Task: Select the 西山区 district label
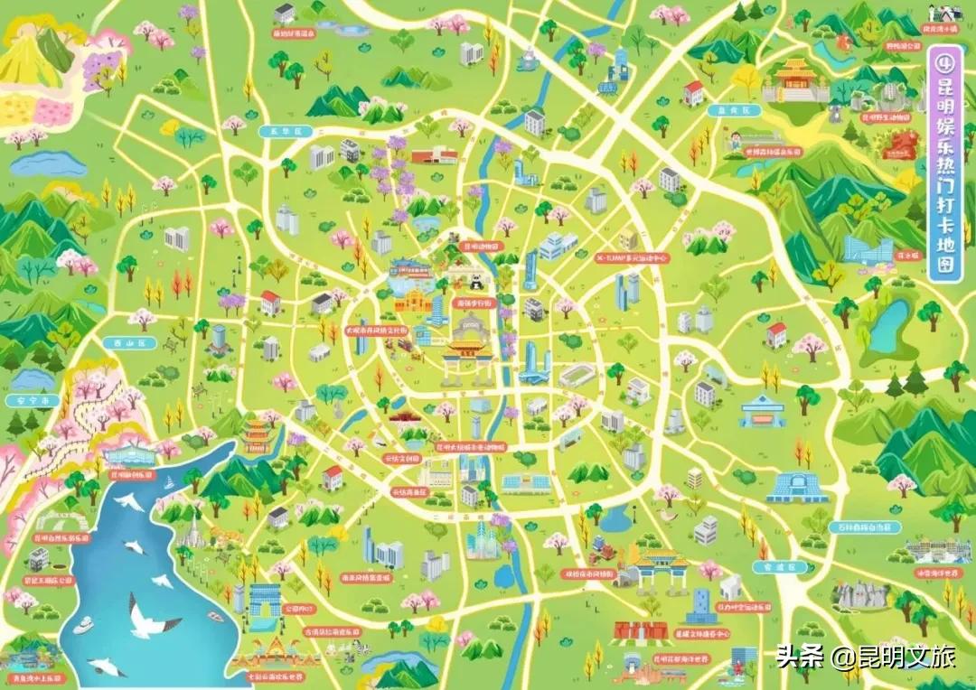point(118,343)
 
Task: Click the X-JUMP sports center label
point(632,258)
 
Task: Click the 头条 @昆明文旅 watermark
point(865,657)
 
